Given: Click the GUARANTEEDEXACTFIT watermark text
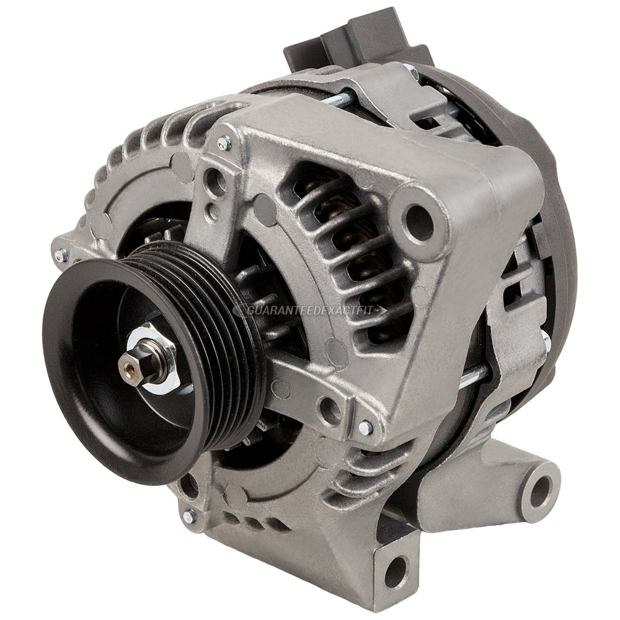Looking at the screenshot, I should point(310,309).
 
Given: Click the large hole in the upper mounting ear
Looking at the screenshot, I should point(420,221).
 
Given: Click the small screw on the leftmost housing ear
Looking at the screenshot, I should point(61,255).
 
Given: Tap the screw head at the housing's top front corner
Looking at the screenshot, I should point(224,144).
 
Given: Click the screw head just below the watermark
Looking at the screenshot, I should point(366,427).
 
